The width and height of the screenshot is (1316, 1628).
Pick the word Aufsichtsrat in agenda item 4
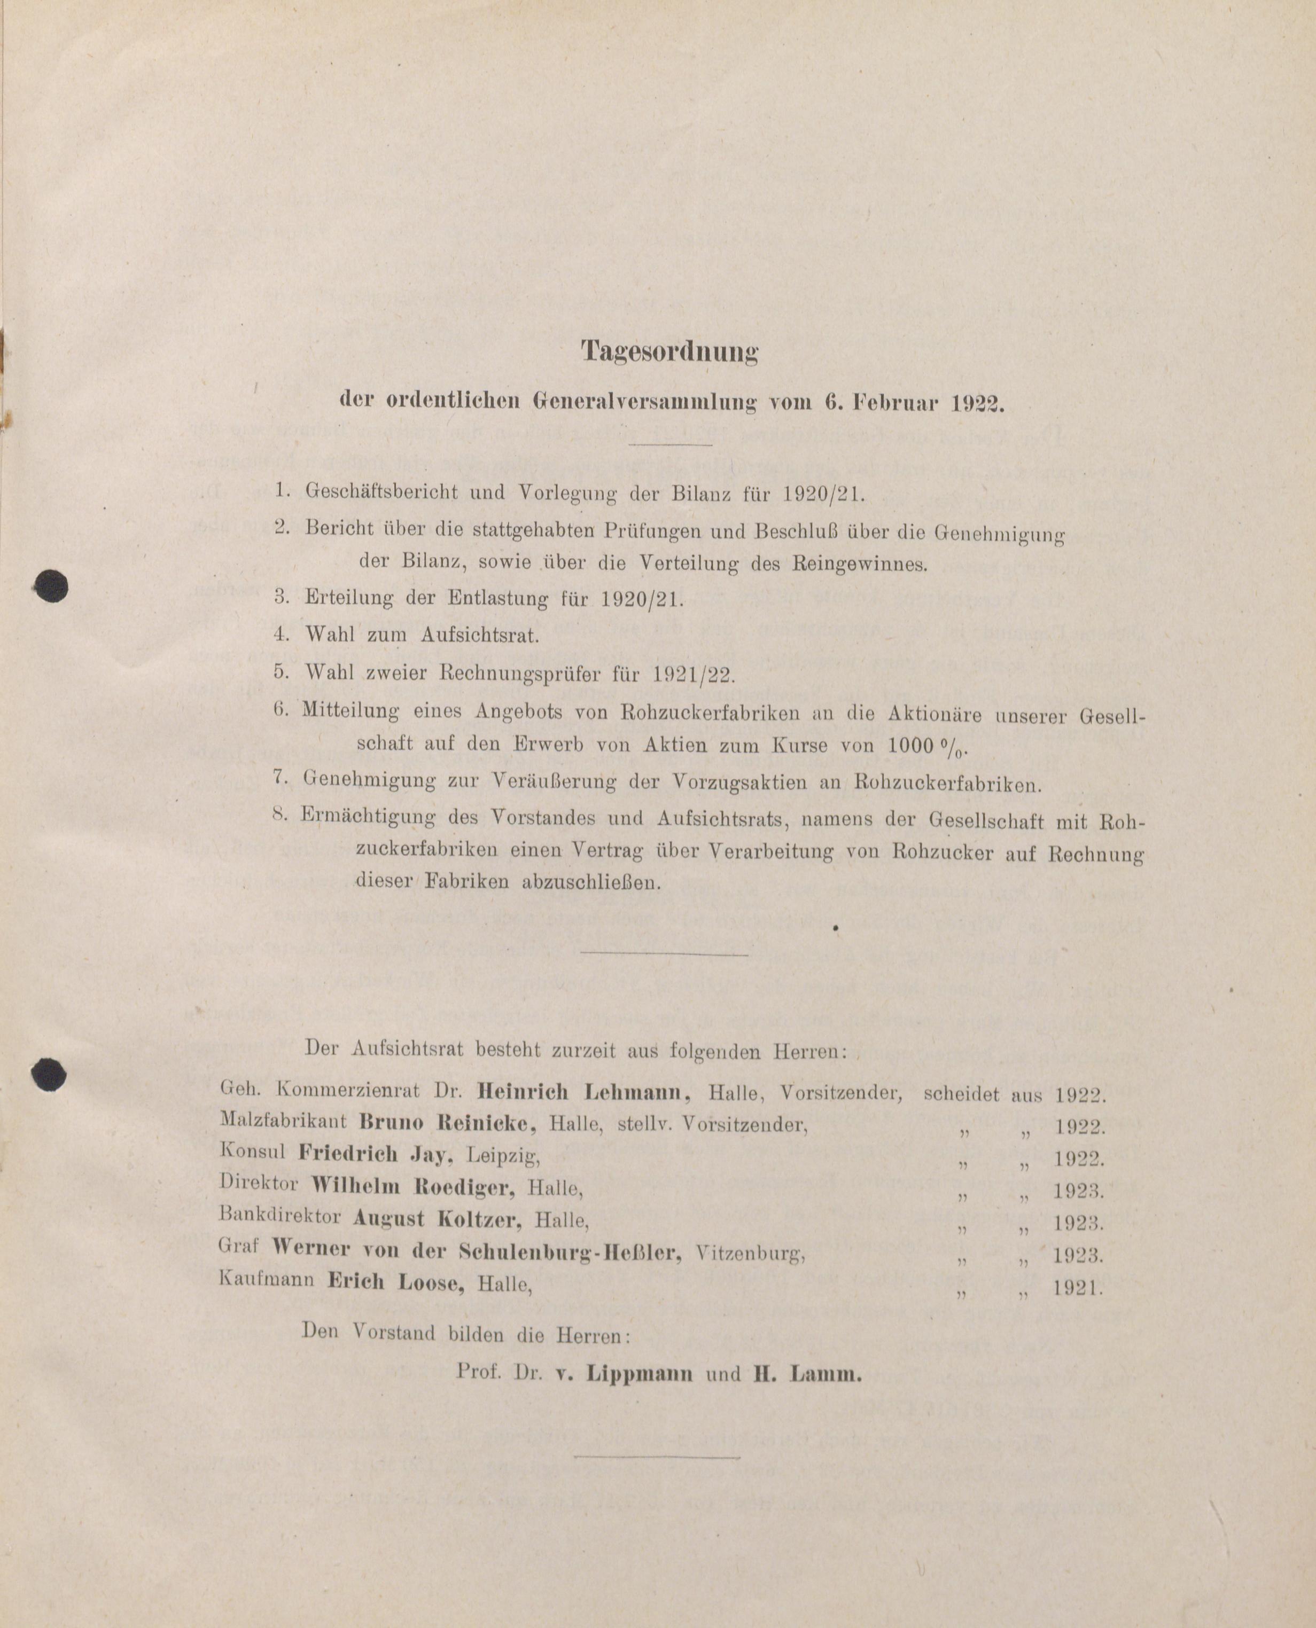[x=481, y=635]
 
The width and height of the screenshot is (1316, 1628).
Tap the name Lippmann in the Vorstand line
[x=639, y=1374]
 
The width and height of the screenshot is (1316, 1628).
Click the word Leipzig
[x=503, y=1156]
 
